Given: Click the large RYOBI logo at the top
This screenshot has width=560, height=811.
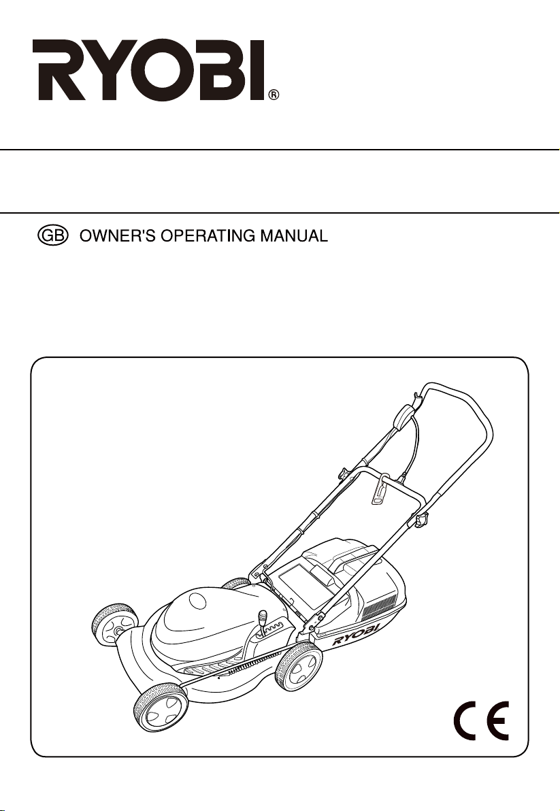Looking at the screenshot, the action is tap(150, 70).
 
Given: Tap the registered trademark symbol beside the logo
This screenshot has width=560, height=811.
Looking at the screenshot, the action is tap(274, 95).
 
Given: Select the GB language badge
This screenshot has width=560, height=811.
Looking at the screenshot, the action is tap(53, 236).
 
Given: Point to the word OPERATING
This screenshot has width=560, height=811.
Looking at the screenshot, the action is tap(207, 236).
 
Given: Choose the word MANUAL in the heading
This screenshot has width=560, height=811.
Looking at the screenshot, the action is tap(294, 236).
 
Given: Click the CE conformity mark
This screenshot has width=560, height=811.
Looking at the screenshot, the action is tap(481, 721).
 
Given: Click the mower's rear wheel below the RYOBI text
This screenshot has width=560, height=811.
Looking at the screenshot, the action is tap(298, 667).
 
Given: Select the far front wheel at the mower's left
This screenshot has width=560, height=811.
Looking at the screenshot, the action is tap(115, 625).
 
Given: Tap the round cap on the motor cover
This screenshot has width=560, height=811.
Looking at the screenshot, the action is tap(197, 601).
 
